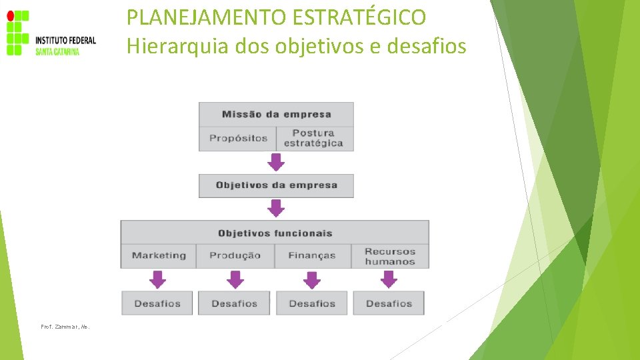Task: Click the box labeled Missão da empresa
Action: click(276, 114)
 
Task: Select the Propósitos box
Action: click(238, 138)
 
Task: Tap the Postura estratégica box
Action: click(313, 138)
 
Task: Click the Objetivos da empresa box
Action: click(276, 185)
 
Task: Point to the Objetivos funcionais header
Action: click(275, 233)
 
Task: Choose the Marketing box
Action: click(159, 255)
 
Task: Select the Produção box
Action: click(235, 255)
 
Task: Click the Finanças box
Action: click(312, 255)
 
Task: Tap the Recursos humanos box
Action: click(390, 256)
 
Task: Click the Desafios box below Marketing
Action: click(157, 303)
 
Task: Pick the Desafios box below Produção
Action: click(234, 303)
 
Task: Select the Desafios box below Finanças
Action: click(312, 303)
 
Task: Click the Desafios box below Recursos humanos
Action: click(389, 303)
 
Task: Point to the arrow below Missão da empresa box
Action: click(276, 162)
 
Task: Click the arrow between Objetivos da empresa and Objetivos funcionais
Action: click(276, 209)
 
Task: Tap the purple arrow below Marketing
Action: click(157, 279)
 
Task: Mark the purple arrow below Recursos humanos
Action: click(389, 279)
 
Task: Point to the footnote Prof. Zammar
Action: click(65, 327)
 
